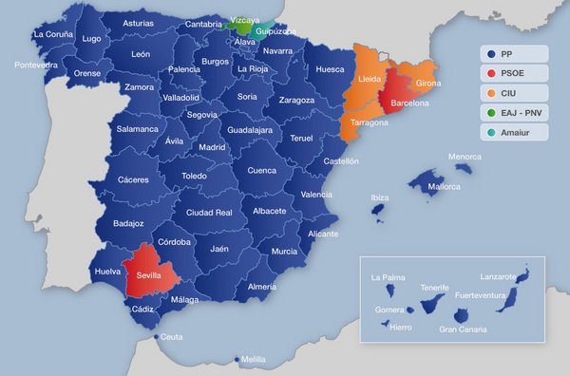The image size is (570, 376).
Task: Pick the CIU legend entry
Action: point(511,93)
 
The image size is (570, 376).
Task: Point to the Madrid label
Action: point(212,147)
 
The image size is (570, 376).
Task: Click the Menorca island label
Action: point(465,157)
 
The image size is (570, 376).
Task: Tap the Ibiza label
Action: point(380,197)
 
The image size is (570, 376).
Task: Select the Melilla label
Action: point(254,360)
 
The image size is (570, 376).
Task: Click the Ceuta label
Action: point(172,337)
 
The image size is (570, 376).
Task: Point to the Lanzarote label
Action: point(499,276)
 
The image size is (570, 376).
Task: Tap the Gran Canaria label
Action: point(463,329)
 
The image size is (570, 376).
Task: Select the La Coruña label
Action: point(52,34)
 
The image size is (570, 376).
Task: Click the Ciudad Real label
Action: point(209,213)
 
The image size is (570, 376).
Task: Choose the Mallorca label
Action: point(442,187)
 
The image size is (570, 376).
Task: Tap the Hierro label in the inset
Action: point(401,326)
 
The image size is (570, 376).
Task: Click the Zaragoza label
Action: point(296,100)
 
